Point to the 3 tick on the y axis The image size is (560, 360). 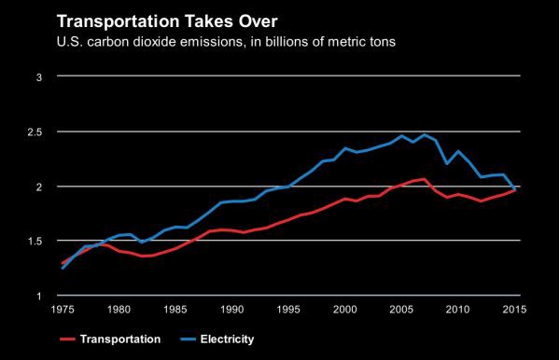[x=39, y=77]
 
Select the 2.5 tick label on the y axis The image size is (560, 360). [x=35, y=132]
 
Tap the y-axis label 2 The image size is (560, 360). [x=39, y=187]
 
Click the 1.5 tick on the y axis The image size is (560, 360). [x=35, y=242]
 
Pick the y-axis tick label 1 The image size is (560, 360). [x=39, y=296]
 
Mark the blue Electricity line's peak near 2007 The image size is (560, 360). [x=425, y=134]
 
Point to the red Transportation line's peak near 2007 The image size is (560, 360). [x=425, y=179]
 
